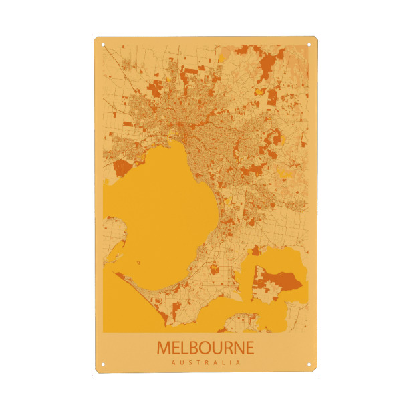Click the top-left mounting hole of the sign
pos(103,45)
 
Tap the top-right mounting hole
pos(309,45)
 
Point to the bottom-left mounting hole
pos(103,365)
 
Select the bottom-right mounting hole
pos(309,365)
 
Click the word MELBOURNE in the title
pos(205,348)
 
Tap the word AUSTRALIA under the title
pos(205,362)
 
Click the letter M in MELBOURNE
pos(164,348)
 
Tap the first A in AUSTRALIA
pos(173,362)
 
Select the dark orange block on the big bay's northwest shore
pos(122,167)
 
